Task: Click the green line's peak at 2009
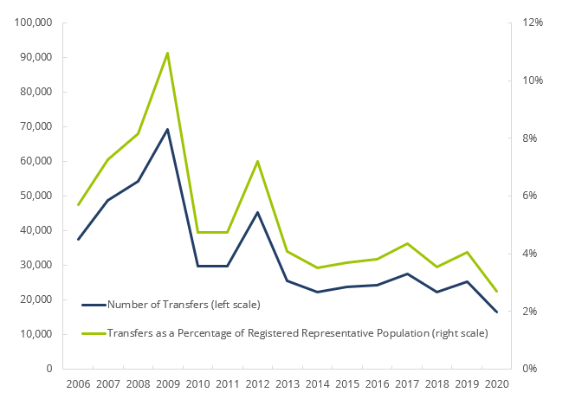click(167, 53)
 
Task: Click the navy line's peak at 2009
click(167, 129)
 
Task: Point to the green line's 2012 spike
click(257, 161)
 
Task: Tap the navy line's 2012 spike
click(257, 212)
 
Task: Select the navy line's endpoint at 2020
click(496, 312)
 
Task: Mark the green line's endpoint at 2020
click(496, 291)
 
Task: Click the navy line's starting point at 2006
click(78, 239)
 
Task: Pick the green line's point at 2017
click(406, 243)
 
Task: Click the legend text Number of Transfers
click(184, 305)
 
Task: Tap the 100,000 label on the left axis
click(34, 23)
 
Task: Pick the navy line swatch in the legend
click(93, 305)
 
